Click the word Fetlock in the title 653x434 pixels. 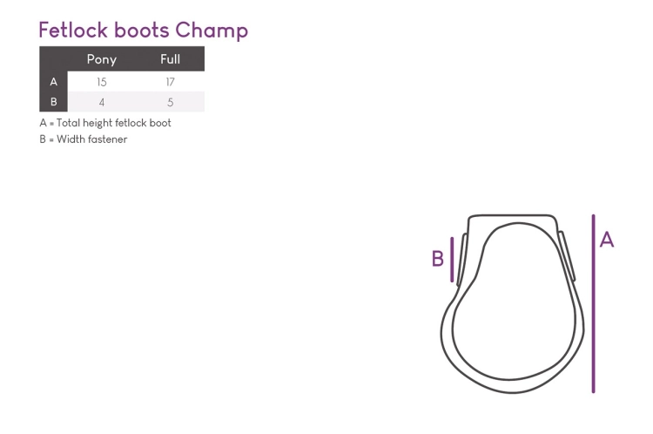74,30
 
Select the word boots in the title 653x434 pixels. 142,30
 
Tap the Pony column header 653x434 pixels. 102,59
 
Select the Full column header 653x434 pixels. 171,59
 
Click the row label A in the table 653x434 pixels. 54,82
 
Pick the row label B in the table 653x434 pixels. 54,102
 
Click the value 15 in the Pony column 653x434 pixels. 102,82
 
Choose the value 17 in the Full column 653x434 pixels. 171,82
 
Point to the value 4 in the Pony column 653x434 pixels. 102,103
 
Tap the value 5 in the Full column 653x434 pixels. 171,103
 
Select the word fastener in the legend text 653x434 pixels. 109,139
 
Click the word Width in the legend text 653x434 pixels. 71,139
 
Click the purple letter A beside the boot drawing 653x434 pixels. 607,241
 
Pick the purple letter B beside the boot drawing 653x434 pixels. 438,259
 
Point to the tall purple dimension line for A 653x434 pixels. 594,303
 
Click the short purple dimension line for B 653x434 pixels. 452,260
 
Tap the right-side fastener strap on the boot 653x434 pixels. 567,255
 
